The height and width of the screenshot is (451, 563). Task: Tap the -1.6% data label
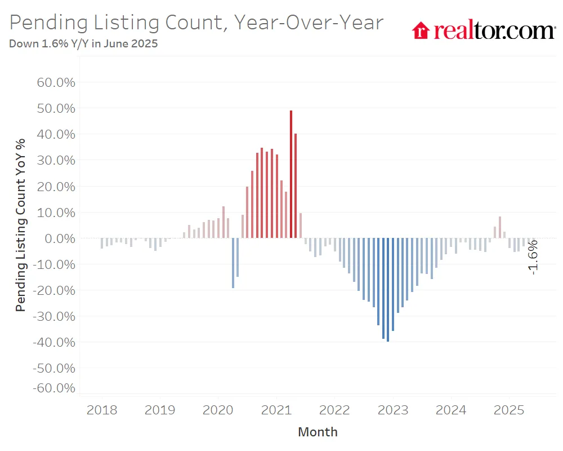pos(533,257)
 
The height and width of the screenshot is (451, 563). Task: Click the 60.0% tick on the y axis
pos(56,82)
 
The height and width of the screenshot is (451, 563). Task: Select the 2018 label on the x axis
pos(102,410)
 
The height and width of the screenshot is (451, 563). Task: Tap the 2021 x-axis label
pos(276,410)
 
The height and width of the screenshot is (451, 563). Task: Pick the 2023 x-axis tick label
pos(392,410)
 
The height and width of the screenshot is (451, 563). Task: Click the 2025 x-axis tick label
pos(509,410)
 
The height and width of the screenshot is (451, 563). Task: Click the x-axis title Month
pos(318,432)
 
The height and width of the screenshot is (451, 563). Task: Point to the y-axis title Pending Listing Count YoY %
pos(21,224)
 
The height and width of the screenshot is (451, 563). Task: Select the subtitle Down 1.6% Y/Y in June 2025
pos(83,44)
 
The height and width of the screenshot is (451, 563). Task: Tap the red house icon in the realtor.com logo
pos(421,30)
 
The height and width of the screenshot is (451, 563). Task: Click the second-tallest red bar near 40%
pos(296,186)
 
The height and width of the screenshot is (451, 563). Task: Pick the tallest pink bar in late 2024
pos(499,227)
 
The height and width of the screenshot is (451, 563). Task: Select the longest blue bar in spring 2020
pos(233,263)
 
